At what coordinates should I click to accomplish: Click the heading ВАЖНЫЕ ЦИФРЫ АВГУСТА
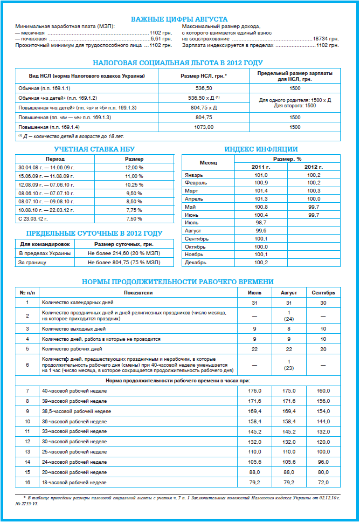(179, 19)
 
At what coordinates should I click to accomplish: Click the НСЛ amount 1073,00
(204, 127)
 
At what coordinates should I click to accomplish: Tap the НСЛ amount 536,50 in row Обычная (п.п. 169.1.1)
(204, 87)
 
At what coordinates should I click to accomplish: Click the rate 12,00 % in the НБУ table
(134, 168)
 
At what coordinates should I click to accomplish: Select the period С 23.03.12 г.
(33, 219)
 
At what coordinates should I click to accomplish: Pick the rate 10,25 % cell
(134, 184)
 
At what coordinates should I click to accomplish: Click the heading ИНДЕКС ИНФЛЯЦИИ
(261, 149)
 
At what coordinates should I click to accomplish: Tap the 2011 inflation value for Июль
(261, 223)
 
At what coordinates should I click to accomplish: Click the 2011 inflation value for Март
(261, 191)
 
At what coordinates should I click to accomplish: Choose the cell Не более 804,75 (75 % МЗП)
(131, 262)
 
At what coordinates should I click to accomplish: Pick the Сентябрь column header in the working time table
(323, 293)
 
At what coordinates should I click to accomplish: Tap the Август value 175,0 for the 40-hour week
(289, 390)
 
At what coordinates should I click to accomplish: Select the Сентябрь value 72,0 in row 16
(323, 482)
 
